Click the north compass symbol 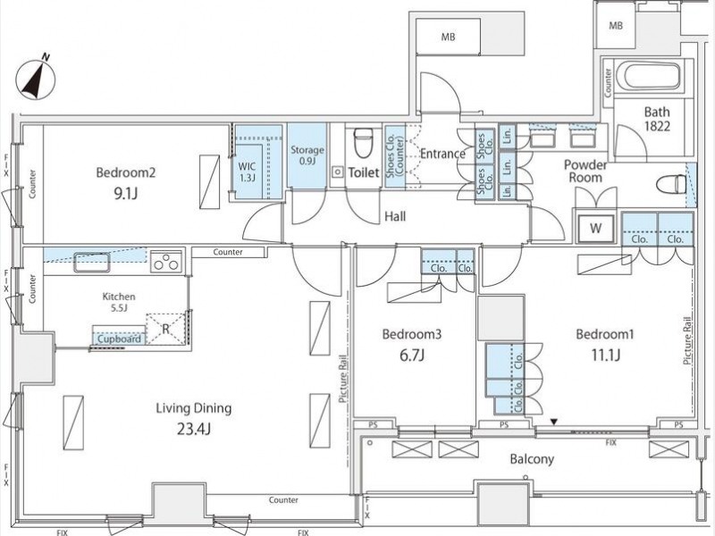pos(36,79)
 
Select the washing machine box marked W pos(595,228)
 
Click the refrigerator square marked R pos(166,328)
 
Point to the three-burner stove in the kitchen pos(166,262)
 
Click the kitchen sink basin pos(92,263)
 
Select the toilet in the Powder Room pos(671,185)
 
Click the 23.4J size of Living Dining pos(194,429)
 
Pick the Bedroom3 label pos(412,334)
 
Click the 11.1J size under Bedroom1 pos(605,355)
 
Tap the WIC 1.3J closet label pos(248,172)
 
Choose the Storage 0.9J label pos(307,155)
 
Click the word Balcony pos(532,459)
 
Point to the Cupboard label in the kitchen pos(119,339)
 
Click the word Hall pos(395,216)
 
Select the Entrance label pos(442,154)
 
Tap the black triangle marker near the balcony pos(554,423)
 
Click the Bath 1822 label pos(657,119)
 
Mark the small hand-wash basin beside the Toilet pos(338,172)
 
